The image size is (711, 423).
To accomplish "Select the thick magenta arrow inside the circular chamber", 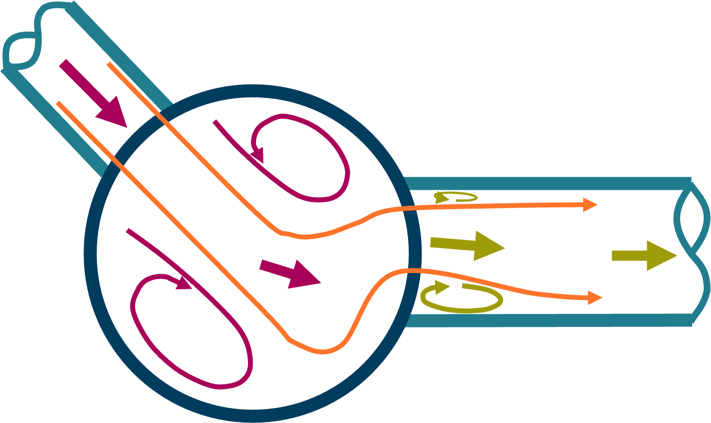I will tap(290, 273).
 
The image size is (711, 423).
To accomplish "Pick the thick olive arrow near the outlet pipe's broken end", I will tap(644, 255).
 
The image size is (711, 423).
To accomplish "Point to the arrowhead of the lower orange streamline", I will tap(595, 297).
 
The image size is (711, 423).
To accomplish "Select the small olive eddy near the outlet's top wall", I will tap(456, 197).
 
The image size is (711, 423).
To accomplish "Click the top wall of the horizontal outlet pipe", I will tap(545, 183).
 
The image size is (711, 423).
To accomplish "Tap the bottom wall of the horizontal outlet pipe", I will tap(545, 320).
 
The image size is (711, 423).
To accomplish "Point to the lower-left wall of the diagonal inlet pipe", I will tap(53, 121).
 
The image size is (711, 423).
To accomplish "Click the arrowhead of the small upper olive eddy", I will tap(440, 197).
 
